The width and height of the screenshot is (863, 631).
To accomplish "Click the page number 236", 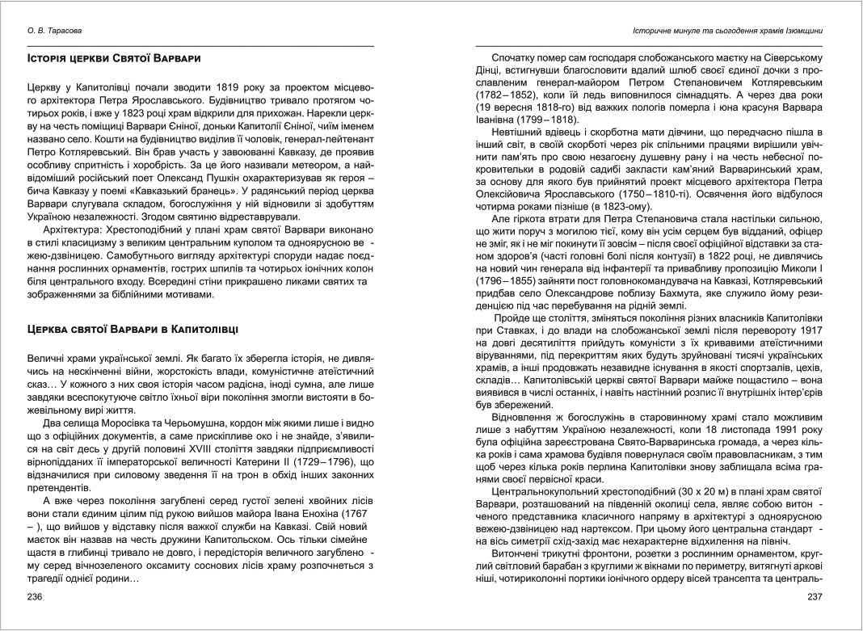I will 36,596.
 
